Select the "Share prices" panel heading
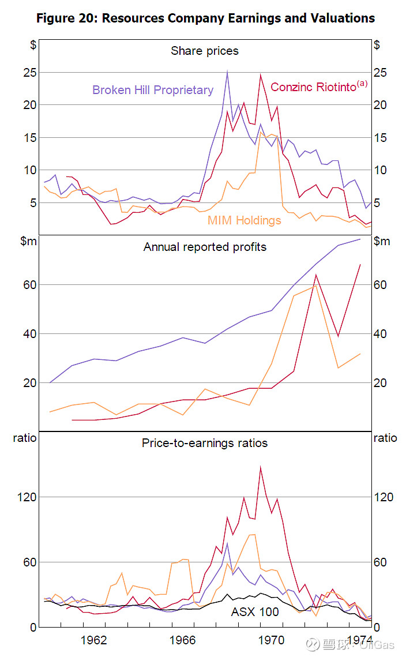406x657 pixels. click(x=204, y=51)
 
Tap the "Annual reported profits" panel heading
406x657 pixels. click(x=205, y=247)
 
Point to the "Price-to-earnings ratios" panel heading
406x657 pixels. click(x=205, y=443)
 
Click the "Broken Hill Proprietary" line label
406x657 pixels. click(x=153, y=90)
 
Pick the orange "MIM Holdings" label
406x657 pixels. click(x=245, y=220)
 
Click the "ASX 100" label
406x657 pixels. click(x=255, y=611)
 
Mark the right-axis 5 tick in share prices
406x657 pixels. click(x=377, y=202)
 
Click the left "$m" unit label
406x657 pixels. click(x=28, y=241)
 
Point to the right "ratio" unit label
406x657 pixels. click(x=385, y=438)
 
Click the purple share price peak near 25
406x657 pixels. click(x=227, y=71)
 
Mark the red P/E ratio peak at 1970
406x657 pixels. click(x=261, y=467)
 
